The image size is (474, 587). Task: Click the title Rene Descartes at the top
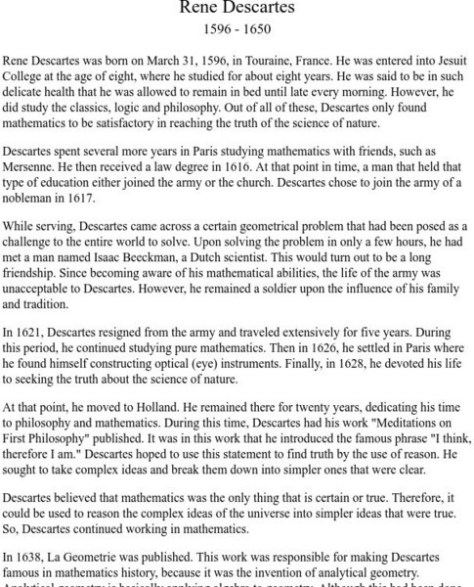(x=236, y=9)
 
